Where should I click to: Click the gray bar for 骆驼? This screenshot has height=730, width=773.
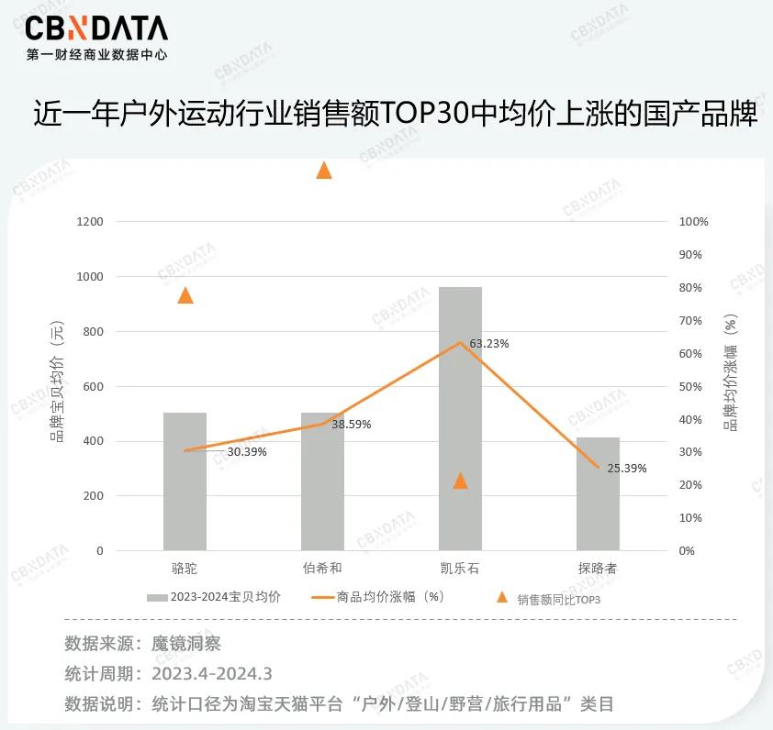(185, 481)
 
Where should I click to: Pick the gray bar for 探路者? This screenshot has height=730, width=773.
(598, 495)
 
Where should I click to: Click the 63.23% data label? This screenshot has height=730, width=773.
(489, 344)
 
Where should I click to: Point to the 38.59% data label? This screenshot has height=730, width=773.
(352, 425)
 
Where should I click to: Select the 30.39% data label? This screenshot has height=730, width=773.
(247, 452)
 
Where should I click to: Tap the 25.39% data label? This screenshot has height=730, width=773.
(627, 468)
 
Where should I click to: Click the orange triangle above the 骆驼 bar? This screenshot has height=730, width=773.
(185, 295)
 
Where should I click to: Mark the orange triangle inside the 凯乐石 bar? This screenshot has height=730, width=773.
(461, 481)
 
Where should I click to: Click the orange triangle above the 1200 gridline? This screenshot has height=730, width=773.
(323, 170)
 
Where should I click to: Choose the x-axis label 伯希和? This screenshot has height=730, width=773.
(322, 569)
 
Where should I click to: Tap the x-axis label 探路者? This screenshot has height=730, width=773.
(598, 569)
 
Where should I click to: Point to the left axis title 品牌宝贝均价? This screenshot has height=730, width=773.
(58, 385)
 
